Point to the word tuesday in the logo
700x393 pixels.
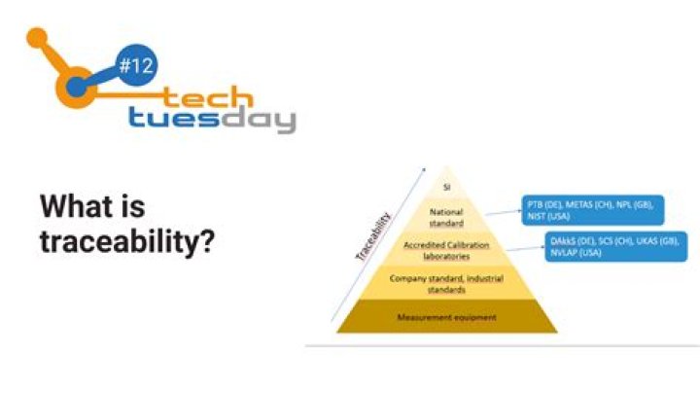(x=211, y=120)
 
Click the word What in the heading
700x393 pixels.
(x=92, y=206)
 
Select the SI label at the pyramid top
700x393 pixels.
(x=447, y=185)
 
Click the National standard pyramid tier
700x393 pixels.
(x=447, y=216)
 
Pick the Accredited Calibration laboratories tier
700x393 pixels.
(x=447, y=250)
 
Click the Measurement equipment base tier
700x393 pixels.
(x=447, y=317)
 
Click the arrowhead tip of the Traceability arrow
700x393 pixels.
(x=425, y=168)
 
